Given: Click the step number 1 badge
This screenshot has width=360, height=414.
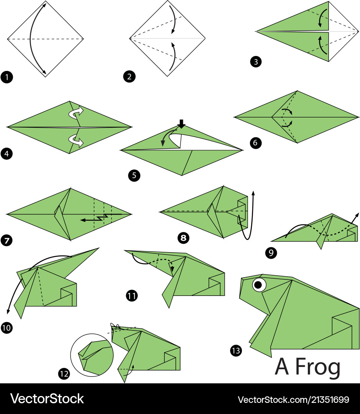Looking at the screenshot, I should point(7,78).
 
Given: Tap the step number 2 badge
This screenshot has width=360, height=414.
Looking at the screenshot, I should point(129,77).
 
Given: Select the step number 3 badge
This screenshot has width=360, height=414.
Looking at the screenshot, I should point(256,62).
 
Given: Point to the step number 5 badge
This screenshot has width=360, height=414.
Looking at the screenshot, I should point(134,176).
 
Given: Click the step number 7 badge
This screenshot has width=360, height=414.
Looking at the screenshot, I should point(7,241).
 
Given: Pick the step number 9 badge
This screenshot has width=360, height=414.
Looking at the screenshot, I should point(271,253).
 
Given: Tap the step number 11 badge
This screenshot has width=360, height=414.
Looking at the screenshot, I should point(132,296).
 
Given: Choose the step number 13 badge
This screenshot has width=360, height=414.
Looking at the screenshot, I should point(236,350).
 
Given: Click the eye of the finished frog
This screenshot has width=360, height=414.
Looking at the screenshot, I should point(259,284).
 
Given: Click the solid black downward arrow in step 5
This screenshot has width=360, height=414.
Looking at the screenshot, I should point(182,124).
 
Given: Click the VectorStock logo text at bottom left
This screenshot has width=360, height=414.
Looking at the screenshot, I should point(47,399).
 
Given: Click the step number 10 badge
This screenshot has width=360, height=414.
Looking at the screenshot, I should point(7,328).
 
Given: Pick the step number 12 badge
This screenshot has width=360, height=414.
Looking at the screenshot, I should point(64,373).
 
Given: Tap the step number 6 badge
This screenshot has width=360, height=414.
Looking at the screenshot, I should point(256,143).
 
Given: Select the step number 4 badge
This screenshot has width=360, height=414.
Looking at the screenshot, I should point(7,154).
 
